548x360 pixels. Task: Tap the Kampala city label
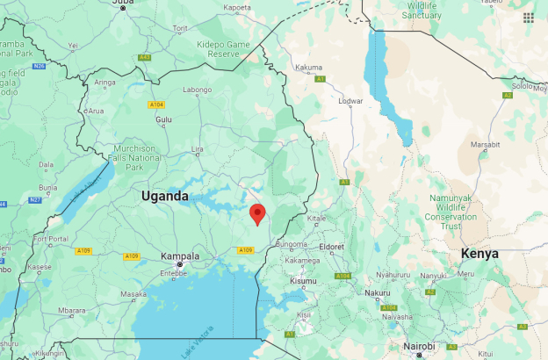tap(180, 256)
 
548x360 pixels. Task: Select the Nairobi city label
tap(419, 347)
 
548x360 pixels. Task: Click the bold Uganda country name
tap(165, 196)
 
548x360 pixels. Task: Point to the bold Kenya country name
tap(479, 253)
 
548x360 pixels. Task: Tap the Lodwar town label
tap(350, 101)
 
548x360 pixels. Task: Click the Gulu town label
tap(163, 119)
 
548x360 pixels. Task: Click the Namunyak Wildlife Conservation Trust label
tap(451, 212)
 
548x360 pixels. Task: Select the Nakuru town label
tap(378, 292)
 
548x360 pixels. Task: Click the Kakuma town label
tap(308, 68)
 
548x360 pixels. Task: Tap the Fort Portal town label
tap(49, 239)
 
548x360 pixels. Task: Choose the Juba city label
tap(124, 4)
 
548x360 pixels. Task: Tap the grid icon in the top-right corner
tap(528, 17)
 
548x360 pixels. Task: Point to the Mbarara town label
tap(72, 310)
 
